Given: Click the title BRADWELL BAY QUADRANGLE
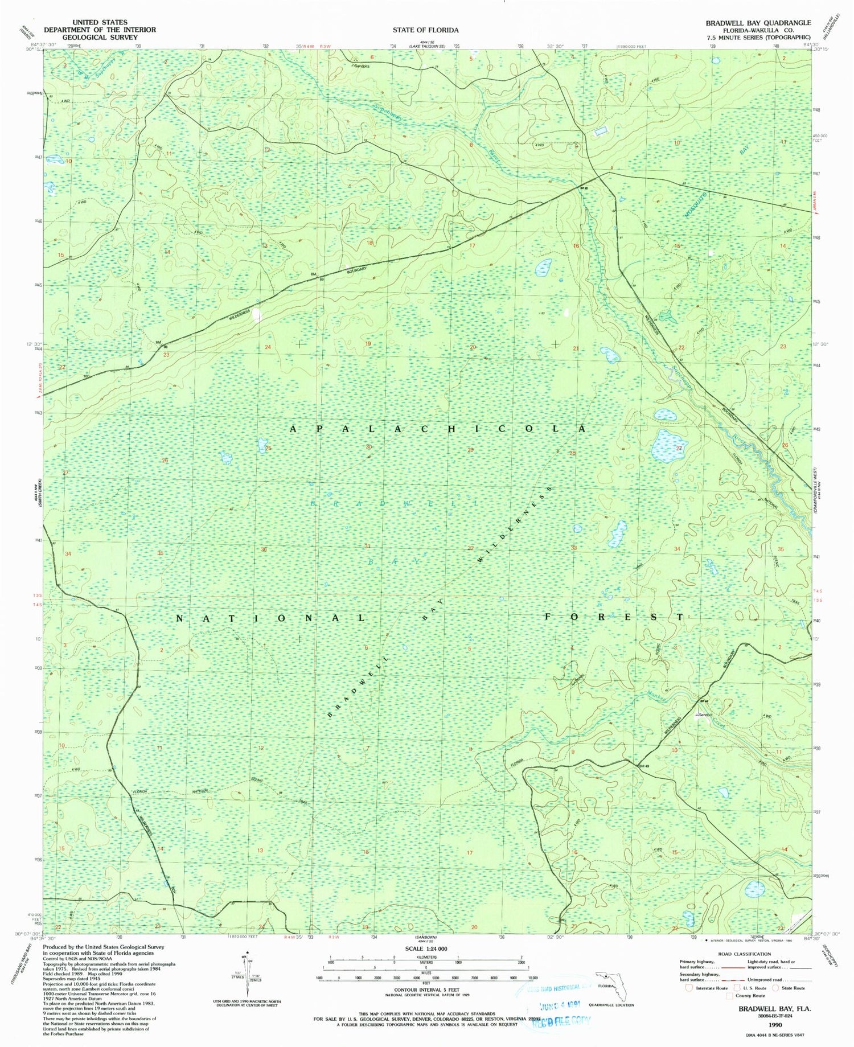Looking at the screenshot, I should tap(758, 23).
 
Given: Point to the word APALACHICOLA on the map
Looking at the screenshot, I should tap(437, 429).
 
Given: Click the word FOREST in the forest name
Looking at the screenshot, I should tap(614, 617).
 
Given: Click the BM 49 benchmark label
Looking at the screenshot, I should tap(644, 765).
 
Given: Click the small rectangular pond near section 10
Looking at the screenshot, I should tap(600, 132).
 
